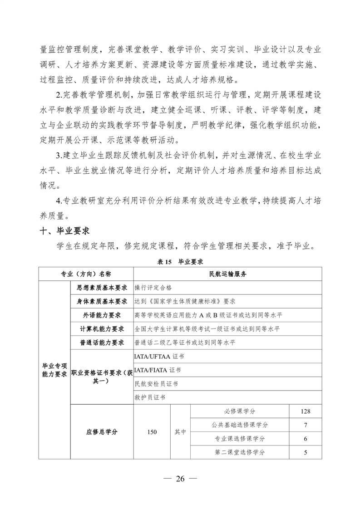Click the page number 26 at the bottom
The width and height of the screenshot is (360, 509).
[180, 479]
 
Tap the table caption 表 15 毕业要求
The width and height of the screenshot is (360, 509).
[179, 262]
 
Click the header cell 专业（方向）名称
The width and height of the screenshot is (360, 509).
[86, 274]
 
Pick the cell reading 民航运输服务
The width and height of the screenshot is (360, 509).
[228, 274]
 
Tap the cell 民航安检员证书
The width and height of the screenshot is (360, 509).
[156, 384]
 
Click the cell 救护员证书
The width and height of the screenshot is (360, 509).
[150, 397]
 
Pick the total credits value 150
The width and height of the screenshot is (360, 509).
[152, 432]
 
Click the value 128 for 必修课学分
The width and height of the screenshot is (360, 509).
[306, 411]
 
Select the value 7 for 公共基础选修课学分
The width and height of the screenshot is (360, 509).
[306, 425]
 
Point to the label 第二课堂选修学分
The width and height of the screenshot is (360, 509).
[240, 452]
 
